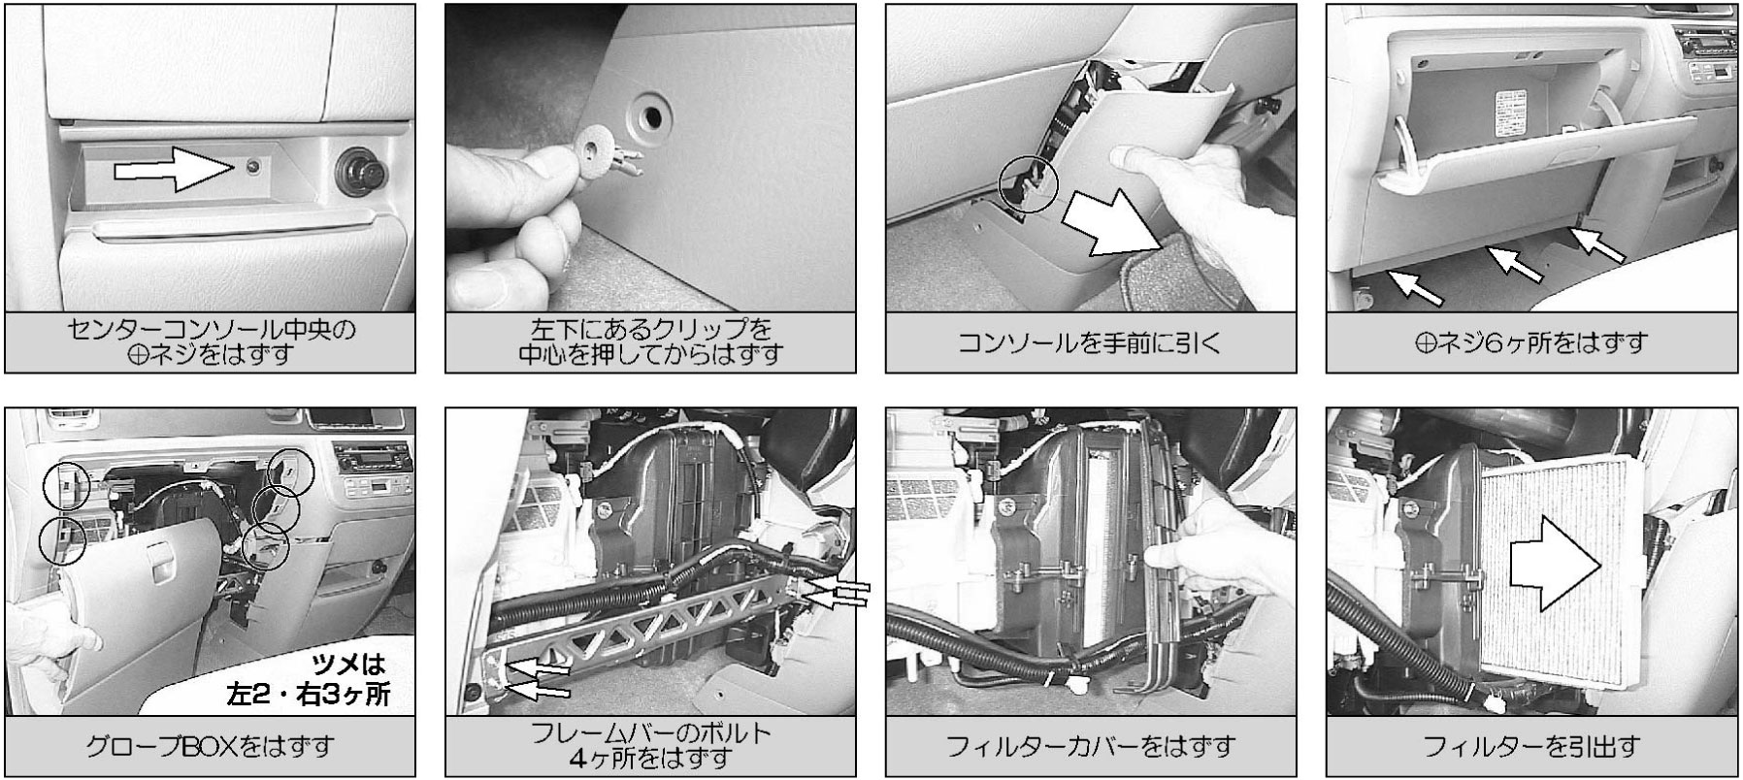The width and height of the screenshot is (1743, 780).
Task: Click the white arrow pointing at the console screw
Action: point(175,171)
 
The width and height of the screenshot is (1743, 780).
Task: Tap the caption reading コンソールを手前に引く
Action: point(1091,341)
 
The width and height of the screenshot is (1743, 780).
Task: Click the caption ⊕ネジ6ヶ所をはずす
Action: point(1532,341)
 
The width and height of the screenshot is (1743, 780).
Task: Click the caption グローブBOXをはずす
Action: point(210,746)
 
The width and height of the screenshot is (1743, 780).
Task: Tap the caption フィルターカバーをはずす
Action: point(1091,746)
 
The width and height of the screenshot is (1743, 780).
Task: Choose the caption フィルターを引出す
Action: point(1532,746)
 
